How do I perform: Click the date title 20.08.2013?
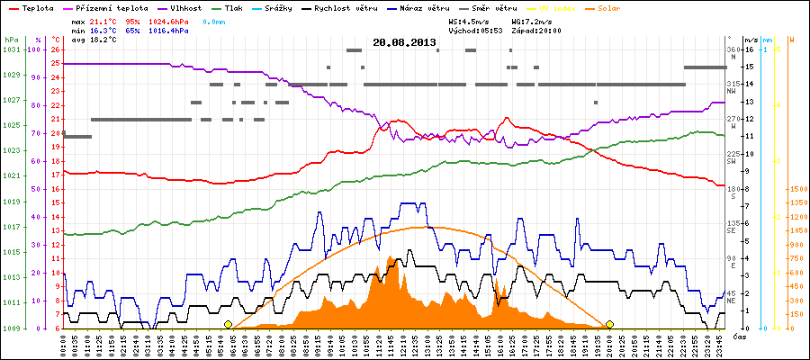[404, 41]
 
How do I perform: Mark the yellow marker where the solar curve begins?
[228, 324]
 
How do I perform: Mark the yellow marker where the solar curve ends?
[610, 324]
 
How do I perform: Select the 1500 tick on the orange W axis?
[796, 189]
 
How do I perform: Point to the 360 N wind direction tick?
[732, 49]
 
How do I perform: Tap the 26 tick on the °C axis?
[56, 49]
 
